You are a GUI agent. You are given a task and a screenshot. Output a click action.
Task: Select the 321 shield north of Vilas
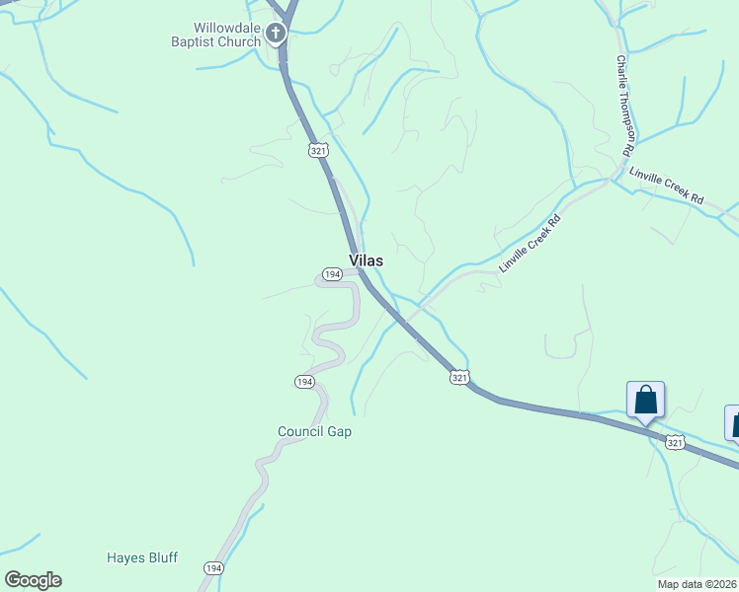click(317, 150)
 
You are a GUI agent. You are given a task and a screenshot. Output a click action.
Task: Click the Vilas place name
click(366, 261)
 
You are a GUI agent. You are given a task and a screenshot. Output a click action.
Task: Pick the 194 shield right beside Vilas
click(332, 274)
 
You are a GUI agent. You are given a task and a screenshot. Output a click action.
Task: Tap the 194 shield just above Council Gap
click(304, 381)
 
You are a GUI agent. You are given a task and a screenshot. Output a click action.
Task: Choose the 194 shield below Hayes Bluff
click(213, 568)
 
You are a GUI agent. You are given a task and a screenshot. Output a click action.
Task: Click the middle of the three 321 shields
click(459, 377)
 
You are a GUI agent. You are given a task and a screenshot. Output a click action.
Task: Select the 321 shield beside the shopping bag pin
click(675, 443)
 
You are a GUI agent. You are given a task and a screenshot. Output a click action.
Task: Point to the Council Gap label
click(314, 431)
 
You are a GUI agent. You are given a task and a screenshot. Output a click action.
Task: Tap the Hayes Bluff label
click(142, 557)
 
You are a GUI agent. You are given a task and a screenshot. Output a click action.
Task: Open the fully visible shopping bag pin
click(645, 400)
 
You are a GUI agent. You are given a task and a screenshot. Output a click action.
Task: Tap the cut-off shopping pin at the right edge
click(733, 421)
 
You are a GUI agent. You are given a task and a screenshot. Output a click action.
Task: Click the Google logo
click(33, 580)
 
